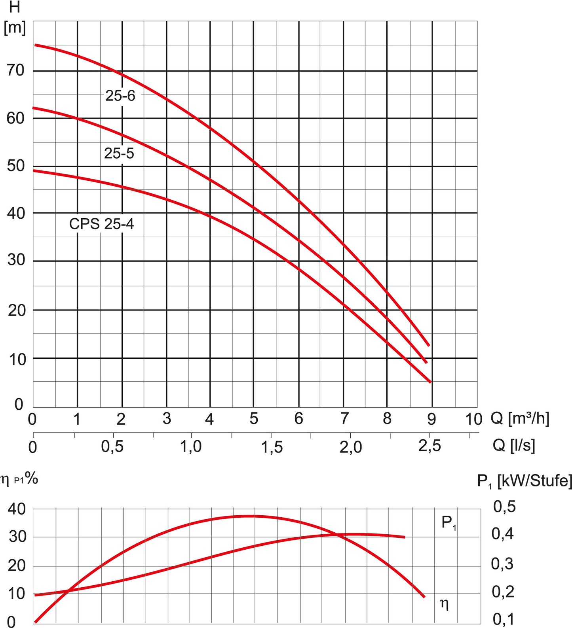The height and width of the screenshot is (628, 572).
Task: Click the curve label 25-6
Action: pos(120,96)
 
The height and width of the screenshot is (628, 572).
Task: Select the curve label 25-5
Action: pos(119,153)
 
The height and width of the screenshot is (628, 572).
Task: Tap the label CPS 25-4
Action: pos(101,224)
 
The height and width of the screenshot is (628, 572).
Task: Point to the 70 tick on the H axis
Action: pos(16,70)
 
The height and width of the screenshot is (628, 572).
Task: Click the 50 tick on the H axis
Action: pos(16,166)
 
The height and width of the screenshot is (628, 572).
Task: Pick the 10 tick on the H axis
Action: pos(17,359)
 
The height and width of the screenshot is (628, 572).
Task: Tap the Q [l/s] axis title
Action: pos(514,445)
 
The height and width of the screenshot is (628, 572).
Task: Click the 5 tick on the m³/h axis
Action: pos(254,418)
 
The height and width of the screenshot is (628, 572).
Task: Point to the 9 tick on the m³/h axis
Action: pos(431,419)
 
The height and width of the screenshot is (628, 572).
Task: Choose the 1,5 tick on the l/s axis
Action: pos(272,447)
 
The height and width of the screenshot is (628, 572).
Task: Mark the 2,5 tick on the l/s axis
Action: pos(429,446)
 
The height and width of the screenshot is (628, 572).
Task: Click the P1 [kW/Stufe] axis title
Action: pos(524,481)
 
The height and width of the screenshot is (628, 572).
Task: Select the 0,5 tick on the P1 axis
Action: pos(504,507)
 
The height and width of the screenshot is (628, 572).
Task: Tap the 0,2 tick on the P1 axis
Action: pos(503,592)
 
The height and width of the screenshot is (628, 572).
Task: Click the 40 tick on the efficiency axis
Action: pos(17,509)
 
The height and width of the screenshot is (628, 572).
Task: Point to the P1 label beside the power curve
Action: pos(448,523)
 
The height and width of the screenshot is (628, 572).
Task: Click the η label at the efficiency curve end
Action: pos(444,604)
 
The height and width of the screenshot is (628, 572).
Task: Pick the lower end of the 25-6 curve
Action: pos(429,345)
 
